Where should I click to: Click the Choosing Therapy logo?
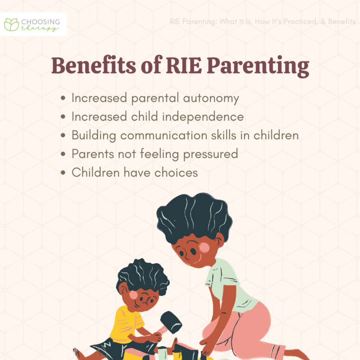coord(34,24)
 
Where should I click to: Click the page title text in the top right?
coord(263,22)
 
